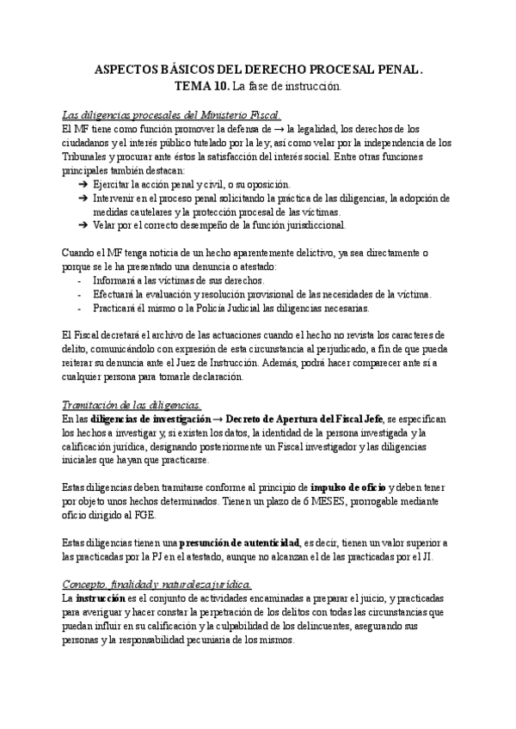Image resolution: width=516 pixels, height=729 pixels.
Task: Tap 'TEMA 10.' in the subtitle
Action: point(202,87)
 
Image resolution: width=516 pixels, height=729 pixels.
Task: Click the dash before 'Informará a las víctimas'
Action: point(80,281)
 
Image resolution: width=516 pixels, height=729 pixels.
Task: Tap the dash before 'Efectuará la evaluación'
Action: point(80,294)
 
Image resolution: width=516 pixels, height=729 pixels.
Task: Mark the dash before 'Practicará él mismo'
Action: point(80,308)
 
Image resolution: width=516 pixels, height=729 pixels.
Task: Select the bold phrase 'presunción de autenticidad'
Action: point(243,542)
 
